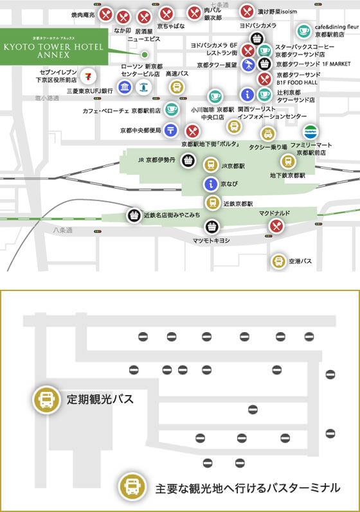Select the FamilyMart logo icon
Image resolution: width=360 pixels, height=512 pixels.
[310, 131]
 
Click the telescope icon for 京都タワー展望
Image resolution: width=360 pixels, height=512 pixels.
[248, 64]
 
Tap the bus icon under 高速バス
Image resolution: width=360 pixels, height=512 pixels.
[177, 87]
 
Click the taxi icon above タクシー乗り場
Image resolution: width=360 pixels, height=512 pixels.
[267, 133]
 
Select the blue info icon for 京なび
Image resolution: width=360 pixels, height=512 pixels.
[210, 184]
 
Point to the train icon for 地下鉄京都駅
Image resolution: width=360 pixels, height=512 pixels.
[287, 160]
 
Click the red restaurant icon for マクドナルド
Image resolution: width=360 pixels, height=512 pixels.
[276, 225]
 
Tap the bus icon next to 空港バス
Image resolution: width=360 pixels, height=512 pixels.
[278, 261]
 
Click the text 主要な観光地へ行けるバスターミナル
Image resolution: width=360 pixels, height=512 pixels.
[247, 488]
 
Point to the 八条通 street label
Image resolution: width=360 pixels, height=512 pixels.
[63, 229]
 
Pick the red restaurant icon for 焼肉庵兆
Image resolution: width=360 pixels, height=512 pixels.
[107, 14]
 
